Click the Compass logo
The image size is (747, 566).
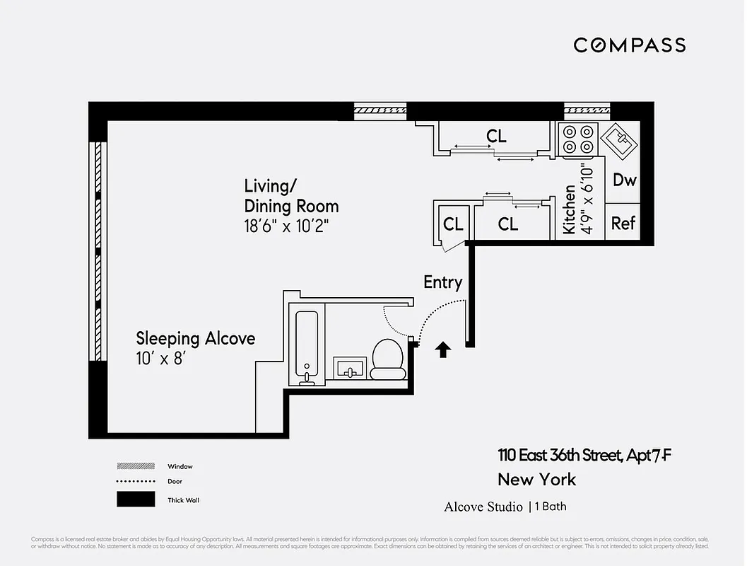(x=629, y=45)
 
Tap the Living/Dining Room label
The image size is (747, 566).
(x=291, y=196)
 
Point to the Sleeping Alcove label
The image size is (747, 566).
(x=195, y=338)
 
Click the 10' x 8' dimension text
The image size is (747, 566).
(x=165, y=359)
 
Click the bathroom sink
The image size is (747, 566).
(x=349, y=369)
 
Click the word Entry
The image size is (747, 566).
(x=442, y=282)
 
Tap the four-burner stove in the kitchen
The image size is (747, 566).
(x=577, y=139)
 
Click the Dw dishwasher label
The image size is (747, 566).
(x=624, y=180)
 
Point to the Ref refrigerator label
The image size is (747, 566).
(x=623, y=224)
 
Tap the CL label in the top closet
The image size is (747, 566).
(x=496, y=136)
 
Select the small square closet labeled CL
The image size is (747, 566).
(x=453, y=224)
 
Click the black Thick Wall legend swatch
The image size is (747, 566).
(x=136, y=499)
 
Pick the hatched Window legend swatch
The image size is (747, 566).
(x=136, y=466)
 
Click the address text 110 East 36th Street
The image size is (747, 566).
(x=558, y=456)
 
